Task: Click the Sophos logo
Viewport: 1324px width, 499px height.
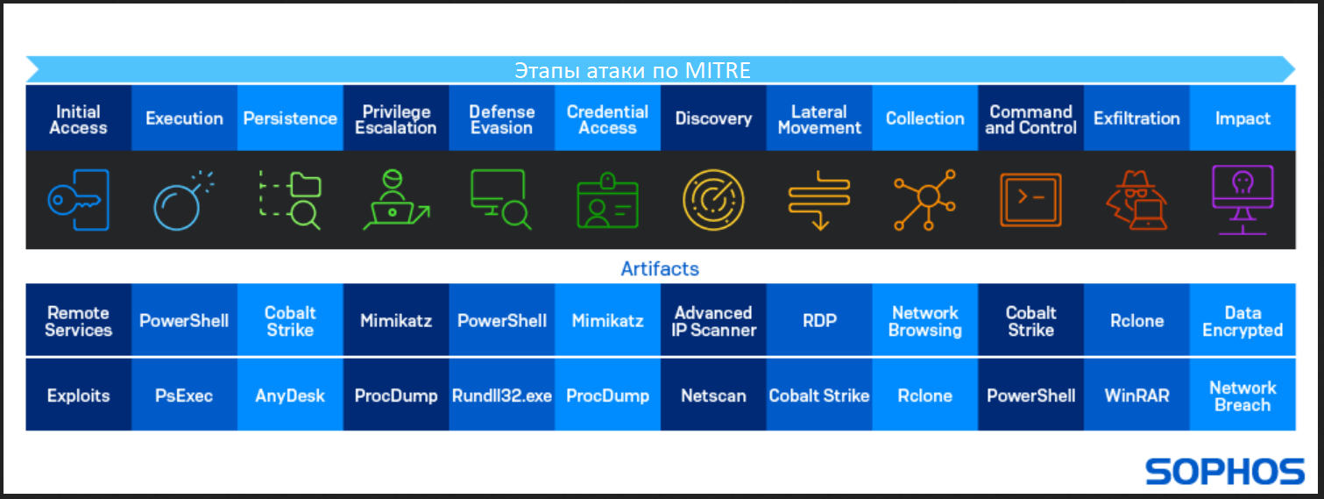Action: coord(1225,471)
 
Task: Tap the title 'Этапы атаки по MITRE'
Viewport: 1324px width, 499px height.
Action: coord(632,70)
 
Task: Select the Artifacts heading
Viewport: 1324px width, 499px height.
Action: coord(660,269)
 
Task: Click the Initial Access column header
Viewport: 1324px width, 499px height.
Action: coord(79,118)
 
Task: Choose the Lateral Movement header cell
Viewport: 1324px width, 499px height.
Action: coord(819,118)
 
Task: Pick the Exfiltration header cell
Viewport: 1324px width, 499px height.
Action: coord(1136,118)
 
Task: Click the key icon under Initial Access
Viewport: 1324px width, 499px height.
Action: coord(79,200)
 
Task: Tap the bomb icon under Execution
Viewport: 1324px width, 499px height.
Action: coord(183,201)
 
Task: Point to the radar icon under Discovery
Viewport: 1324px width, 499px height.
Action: coord(713,200)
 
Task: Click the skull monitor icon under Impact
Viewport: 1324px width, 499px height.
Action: coord(1243,200)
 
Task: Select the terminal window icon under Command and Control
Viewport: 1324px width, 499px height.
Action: coord(1030,200)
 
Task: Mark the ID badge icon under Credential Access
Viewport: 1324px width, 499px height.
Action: coord(607,201)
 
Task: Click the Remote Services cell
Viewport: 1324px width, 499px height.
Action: coord(79,320)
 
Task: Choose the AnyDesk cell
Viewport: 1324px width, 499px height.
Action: coord(290,395)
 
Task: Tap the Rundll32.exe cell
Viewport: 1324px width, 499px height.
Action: coord(502,395)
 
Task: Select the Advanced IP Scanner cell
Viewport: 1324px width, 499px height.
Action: coord(713,320)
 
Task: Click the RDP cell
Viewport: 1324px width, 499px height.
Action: coord(819,320)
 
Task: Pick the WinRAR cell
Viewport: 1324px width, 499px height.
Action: coord(1136,395)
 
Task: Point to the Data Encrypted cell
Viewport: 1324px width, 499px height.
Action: coord(1243,320)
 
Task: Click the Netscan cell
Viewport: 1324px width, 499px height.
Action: coord(713,395)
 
